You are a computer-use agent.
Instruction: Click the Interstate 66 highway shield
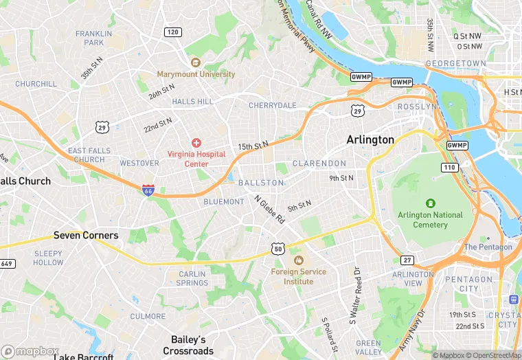[x=148, y=190]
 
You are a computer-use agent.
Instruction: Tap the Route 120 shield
[x=172, y=32]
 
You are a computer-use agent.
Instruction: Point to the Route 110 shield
[x=449, y=168]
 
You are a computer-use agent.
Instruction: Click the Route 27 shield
[x=408, y=260]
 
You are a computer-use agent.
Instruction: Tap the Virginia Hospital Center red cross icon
[x=196, y=143]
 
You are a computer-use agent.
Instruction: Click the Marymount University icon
[x=196, y=63]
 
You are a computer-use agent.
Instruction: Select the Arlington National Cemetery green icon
[x=431, y=203]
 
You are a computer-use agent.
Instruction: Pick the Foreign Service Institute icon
[x=298, y=260]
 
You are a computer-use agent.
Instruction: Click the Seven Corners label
[x=86, y=235]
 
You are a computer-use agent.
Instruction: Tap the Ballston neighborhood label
[x=261, y=183]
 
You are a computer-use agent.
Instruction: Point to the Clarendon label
[x=319, y=164]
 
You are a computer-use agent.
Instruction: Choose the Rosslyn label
[x=417, y=106]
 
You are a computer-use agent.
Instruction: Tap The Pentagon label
[x=488, y=247]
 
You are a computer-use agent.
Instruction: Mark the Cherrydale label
[x=272, y=105]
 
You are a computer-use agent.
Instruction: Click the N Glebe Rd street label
[x=269, y=210]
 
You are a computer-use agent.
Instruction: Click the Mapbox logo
[x=30, y=351]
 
